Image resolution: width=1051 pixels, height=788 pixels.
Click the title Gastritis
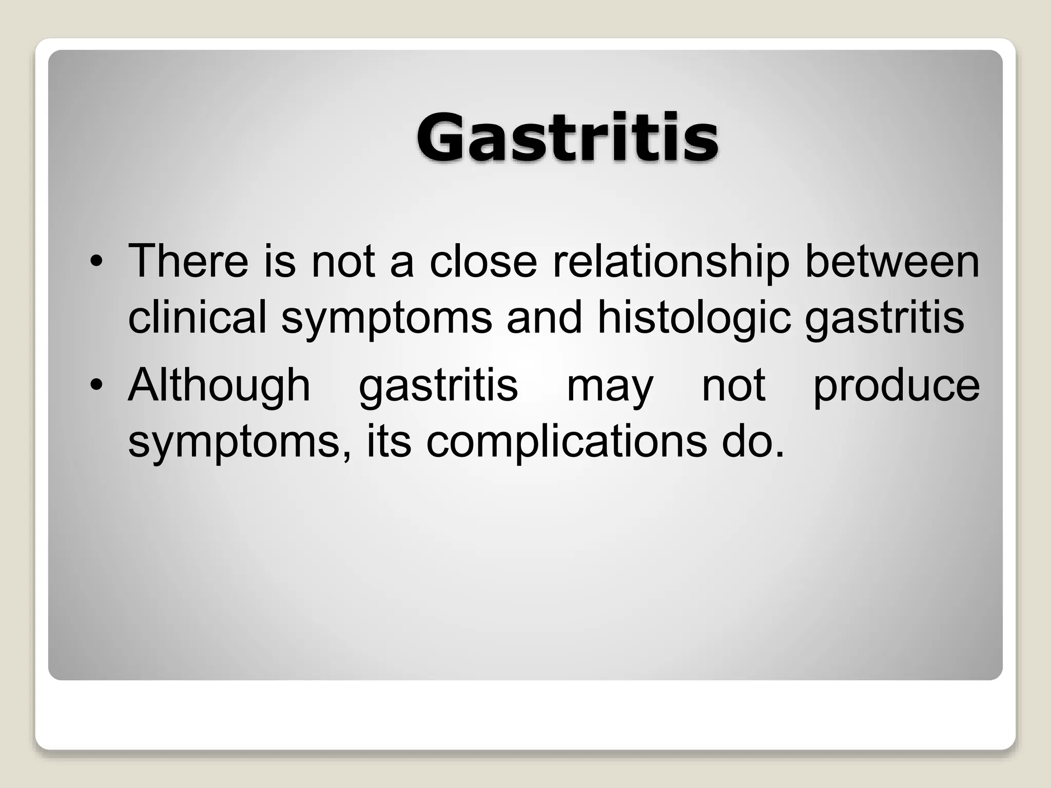pyautogui.click(x=567, y=137)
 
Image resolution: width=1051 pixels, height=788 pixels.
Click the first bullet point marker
pyautogui.click(x=95, y=262)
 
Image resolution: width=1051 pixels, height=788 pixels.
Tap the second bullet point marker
pyautogui.click(x=95, y=385)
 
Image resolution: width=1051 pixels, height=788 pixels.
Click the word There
pyautogui.click(x=188, y=261)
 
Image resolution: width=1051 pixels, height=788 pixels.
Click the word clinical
pyautogui.click(x=197, y=317)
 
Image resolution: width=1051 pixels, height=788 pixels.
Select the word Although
pyautogui.click(x=219, y=385)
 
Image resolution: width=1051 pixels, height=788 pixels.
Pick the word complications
pyautogui.click(x=566, y=442)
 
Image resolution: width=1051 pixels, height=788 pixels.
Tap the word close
pyautogui.click(x=483, y=261)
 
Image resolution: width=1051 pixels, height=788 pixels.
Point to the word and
pyautogui.click(x=544, y=317)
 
